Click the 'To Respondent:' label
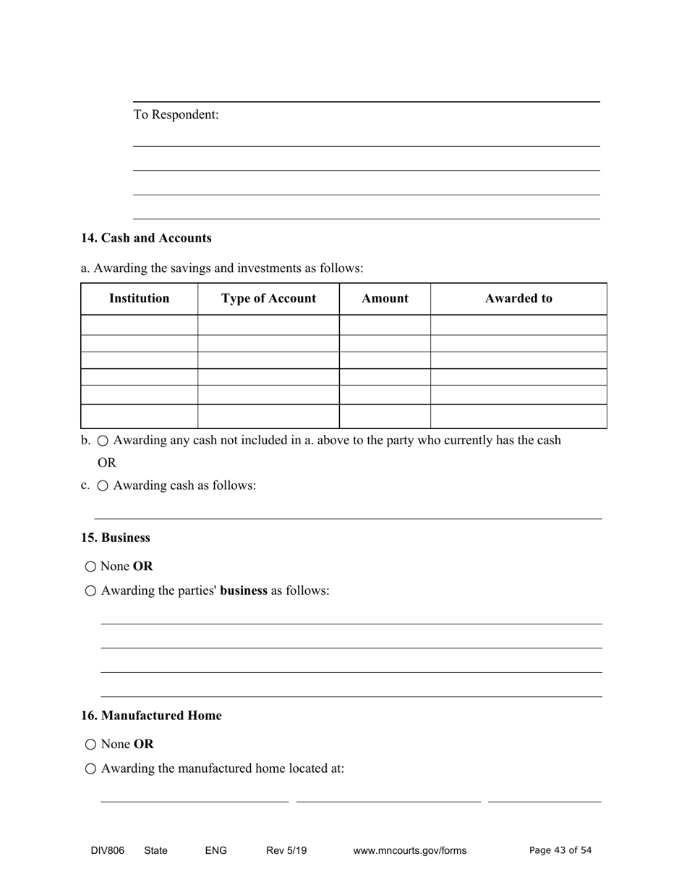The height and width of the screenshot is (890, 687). [176, 115]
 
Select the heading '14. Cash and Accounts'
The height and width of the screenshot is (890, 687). [146, 238]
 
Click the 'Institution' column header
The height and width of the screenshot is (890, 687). [139, 298]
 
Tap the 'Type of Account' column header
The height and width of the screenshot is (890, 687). [268, 298]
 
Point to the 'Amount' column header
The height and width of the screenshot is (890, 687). [385, 298]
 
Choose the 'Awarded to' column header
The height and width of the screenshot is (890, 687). [519, 298]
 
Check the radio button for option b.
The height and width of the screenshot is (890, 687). [103, 441]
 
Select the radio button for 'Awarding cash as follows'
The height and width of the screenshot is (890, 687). [103, 486]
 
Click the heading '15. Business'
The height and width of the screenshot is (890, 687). [116, 538]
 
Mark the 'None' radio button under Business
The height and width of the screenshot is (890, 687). [90, 567]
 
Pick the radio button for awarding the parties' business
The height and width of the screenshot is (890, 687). [90, 591]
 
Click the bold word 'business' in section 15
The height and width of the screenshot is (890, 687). [244, 590]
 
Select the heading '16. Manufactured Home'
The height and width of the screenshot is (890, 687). [151, 716]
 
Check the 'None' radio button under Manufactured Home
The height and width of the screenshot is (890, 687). [90, 745]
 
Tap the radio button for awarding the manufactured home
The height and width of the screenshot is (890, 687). [90, 769]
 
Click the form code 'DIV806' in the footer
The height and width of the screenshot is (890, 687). [108, 851]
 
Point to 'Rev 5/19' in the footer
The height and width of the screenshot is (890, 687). [286, 851]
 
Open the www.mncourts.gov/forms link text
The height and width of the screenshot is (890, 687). [410, 851]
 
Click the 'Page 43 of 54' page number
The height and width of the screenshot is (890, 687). [560, 850]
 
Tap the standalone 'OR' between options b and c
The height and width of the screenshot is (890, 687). [106, 463]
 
